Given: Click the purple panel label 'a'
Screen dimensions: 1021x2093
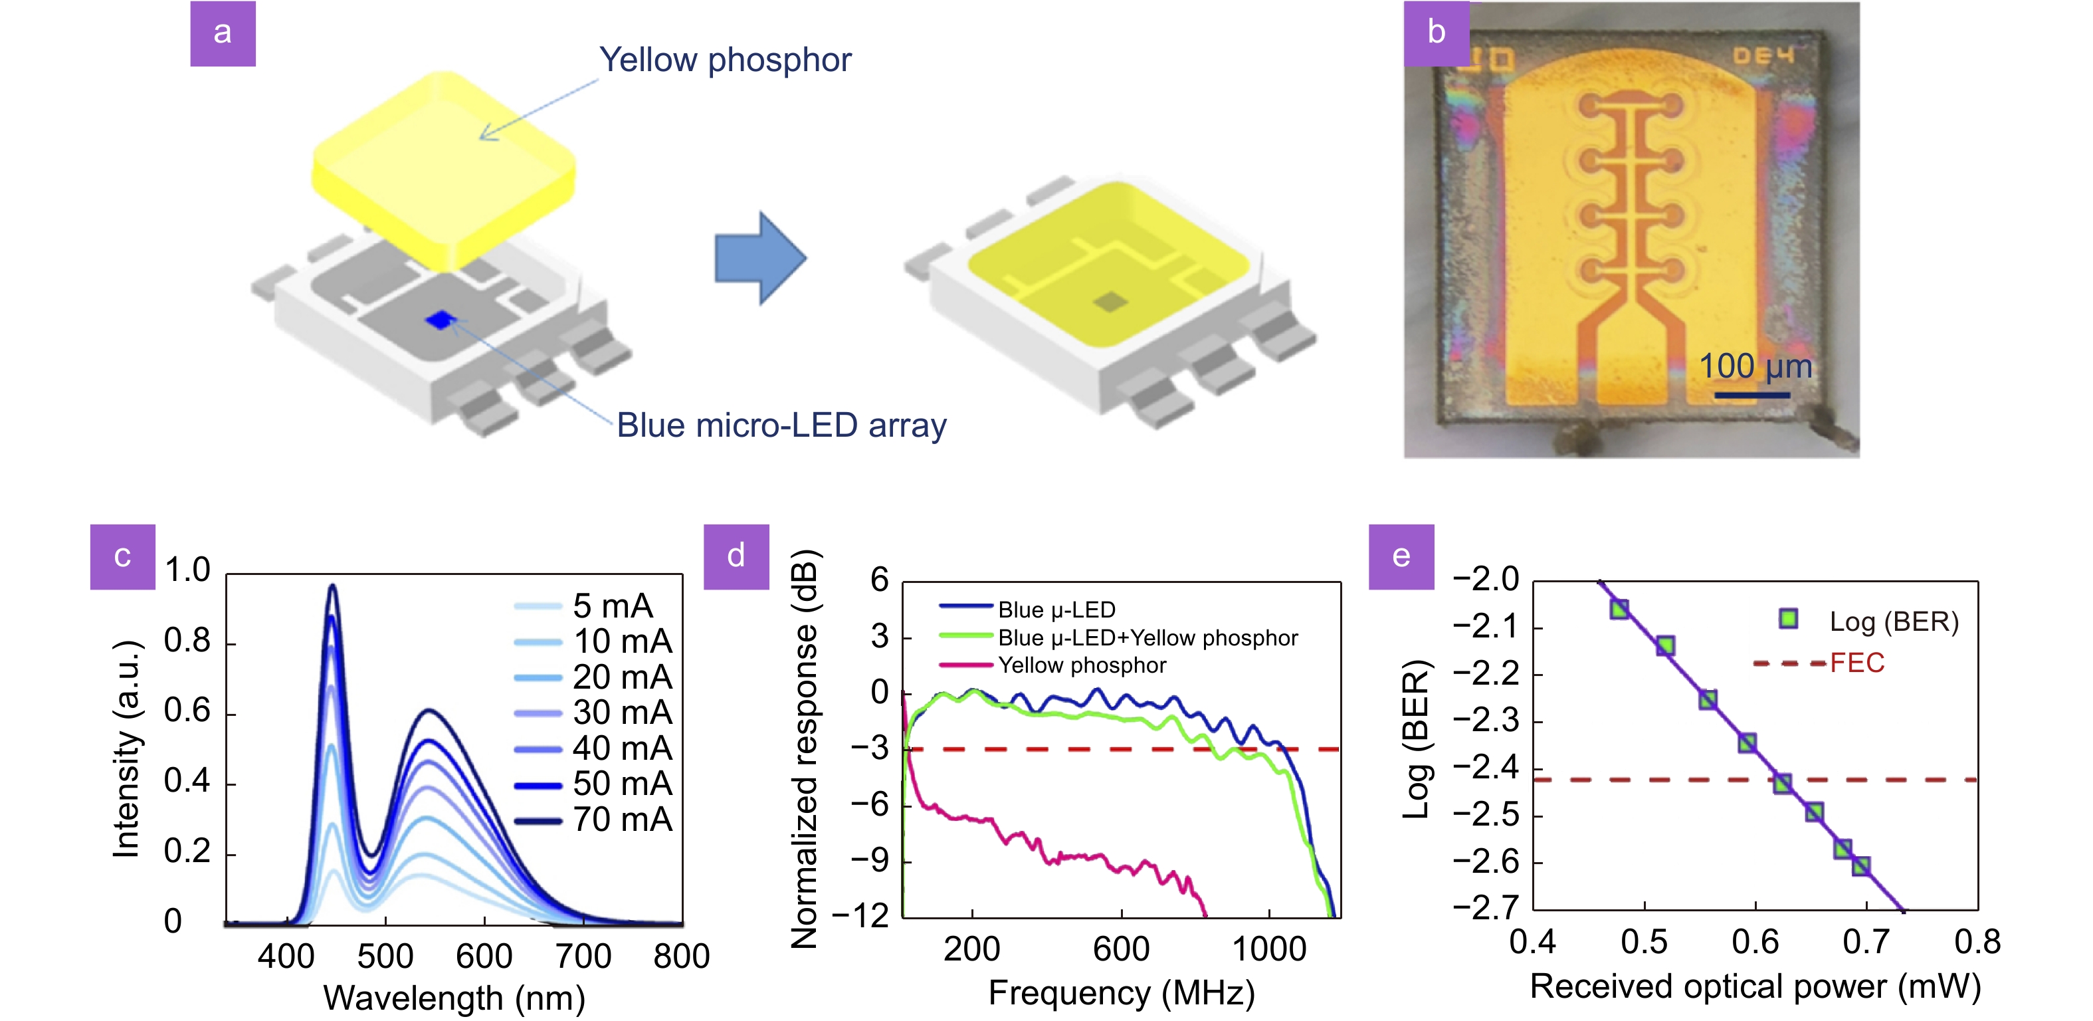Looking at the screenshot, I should tap(223, 33).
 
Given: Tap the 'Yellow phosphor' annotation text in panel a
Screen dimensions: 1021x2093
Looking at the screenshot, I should tap(725, 60).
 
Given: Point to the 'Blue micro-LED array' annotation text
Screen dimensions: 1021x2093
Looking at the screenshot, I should tap(781, 425).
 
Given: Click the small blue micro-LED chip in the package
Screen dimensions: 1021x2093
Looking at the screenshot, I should tap(441, 320).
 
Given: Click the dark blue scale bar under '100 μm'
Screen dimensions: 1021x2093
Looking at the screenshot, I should tap(1751, 395).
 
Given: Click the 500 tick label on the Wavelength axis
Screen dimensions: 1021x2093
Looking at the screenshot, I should tap(385, 956).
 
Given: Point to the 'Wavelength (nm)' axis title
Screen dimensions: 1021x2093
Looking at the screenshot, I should tap(454, 998).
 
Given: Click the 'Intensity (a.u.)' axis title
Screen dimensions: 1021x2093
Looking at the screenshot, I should tap(127, 748).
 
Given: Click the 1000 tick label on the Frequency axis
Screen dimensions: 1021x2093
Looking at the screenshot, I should tap(1269, 949).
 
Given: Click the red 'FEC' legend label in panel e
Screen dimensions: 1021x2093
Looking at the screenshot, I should tap(1856, 663).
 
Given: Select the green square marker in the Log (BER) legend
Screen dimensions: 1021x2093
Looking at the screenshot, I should tap(1787, 620).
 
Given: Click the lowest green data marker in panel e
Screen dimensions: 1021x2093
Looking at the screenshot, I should tap(1860, 865).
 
